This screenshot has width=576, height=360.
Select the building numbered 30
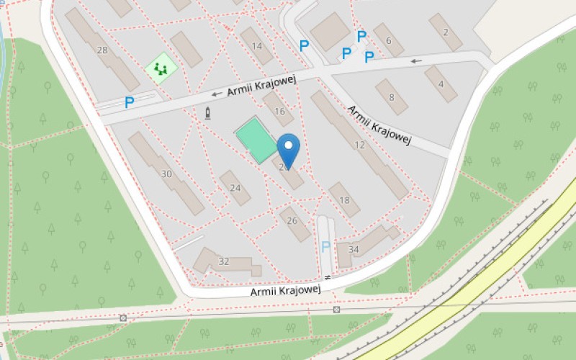(166, 174)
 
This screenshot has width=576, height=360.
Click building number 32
(224, 262)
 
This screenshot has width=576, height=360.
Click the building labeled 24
(235, 188)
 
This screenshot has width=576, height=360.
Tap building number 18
(344, 200)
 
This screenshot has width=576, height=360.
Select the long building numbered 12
(359, 145)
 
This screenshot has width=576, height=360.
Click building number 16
(279, 110)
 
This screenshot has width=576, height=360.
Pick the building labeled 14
(257, 46)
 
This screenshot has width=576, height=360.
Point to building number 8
(392, 97)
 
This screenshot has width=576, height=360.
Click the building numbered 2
(446, 32)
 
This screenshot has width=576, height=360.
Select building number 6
(389, 40)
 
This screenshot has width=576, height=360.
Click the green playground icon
(161, 69)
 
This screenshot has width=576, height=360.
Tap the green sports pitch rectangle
(257, 140)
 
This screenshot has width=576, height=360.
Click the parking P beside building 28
(130, 102)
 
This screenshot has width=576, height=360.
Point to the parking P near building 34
(325, 246)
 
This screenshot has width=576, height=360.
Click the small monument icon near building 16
(208, 113)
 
